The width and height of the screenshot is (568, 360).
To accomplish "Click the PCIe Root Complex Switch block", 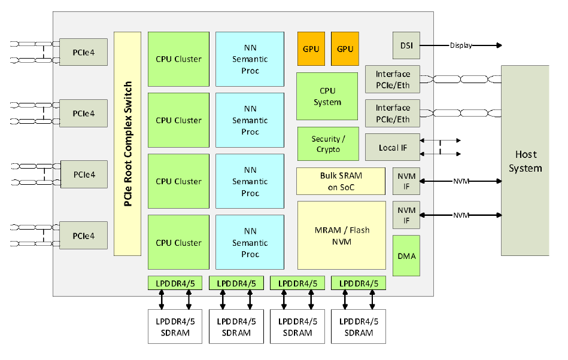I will point(127,144).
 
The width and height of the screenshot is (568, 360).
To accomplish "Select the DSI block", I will point(406,45).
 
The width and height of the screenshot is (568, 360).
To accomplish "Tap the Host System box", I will point(525,160).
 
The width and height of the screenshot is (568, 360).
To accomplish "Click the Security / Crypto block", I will point(328,144).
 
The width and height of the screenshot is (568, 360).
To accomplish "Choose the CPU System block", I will point(327,96).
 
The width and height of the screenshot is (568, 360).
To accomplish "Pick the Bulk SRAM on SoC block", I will point(341,181).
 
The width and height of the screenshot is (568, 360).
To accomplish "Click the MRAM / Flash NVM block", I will point(342,235).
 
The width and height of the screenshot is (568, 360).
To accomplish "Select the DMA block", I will point(406,255).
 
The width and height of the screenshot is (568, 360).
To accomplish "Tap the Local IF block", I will point(393,147).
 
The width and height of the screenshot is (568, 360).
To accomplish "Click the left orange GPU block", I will point(311,48).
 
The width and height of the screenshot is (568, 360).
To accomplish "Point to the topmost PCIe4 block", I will point(84,52).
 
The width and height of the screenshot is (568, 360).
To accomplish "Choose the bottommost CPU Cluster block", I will point(178,243).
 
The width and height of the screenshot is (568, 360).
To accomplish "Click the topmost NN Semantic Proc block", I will point(250,59).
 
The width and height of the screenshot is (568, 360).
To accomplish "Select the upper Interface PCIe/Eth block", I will point(393,79).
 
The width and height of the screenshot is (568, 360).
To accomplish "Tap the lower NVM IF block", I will point(406,215).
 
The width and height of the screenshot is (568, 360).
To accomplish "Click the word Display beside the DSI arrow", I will point(461,45).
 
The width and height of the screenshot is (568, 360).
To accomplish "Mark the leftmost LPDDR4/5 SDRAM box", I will point(175,327).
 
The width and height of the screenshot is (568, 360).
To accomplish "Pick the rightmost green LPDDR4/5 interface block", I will point(358,283).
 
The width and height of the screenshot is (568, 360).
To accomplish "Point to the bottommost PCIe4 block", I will point(84,236).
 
